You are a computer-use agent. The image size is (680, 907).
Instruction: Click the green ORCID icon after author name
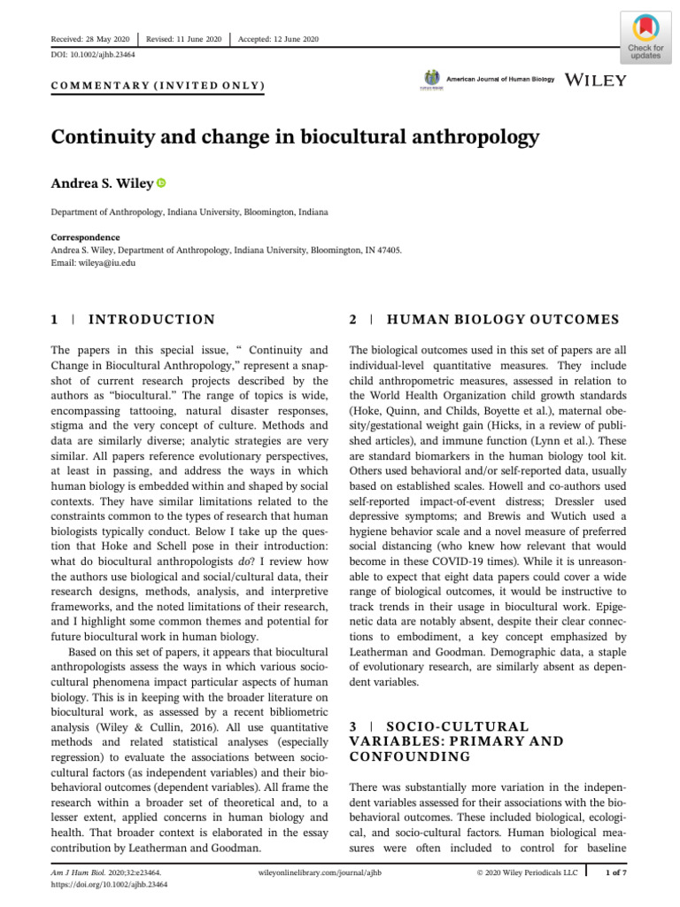[161, 183]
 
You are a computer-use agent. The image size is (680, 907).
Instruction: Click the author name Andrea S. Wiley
[101, 183]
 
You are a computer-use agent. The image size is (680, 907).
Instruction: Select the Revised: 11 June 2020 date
[184, 39]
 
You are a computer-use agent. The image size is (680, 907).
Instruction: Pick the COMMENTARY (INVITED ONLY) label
[157, 85]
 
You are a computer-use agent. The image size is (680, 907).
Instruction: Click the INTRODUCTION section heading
[151, 320]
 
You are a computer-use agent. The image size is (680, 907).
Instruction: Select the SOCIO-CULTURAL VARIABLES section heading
[457, 741]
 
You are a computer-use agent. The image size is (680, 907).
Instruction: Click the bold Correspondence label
[85, 237]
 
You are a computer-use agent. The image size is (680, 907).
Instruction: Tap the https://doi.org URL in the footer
[108, 884]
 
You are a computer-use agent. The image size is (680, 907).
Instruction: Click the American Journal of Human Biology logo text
[501, 80]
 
